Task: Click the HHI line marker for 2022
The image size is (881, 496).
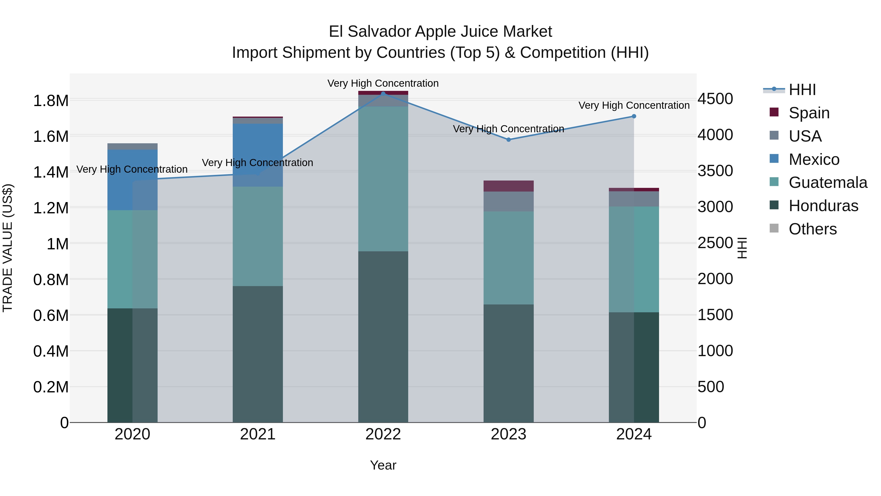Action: click(383, 94)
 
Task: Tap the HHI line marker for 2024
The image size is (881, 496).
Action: click(634, 116)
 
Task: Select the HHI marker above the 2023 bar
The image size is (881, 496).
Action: click(508, 140)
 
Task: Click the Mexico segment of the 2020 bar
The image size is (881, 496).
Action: click(132, 180)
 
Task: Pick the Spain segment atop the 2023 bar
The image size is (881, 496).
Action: click(508, 186)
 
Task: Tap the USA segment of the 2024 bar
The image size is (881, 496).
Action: click(634, 199)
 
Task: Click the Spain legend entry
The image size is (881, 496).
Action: click(809, 113)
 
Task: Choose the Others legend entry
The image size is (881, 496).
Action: click(812, 229)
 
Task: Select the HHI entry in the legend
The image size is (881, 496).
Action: click(802, 90)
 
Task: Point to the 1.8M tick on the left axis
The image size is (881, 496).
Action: click(51, 101)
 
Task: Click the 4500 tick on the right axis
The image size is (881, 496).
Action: click(715, 99)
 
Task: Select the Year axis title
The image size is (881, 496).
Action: click(383, 465)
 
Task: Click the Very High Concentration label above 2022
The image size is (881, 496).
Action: click(383, 84)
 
